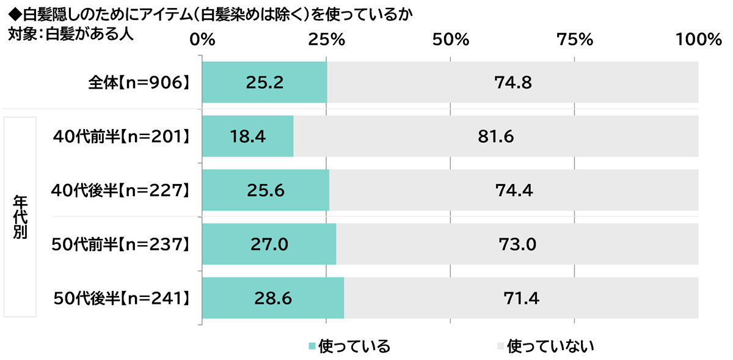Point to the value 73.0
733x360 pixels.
tap(517, 244)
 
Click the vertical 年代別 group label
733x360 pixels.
tap(20, 217)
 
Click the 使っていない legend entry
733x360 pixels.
tap(545, 347)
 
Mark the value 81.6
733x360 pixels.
tap(495, 136)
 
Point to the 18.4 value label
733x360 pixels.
tap(247, 136)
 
